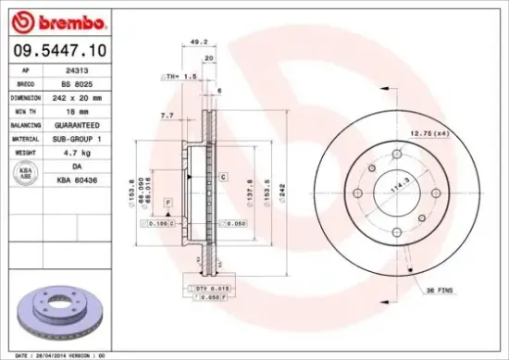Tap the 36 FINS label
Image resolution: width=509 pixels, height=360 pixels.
438,290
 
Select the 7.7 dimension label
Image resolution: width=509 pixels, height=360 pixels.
167,116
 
